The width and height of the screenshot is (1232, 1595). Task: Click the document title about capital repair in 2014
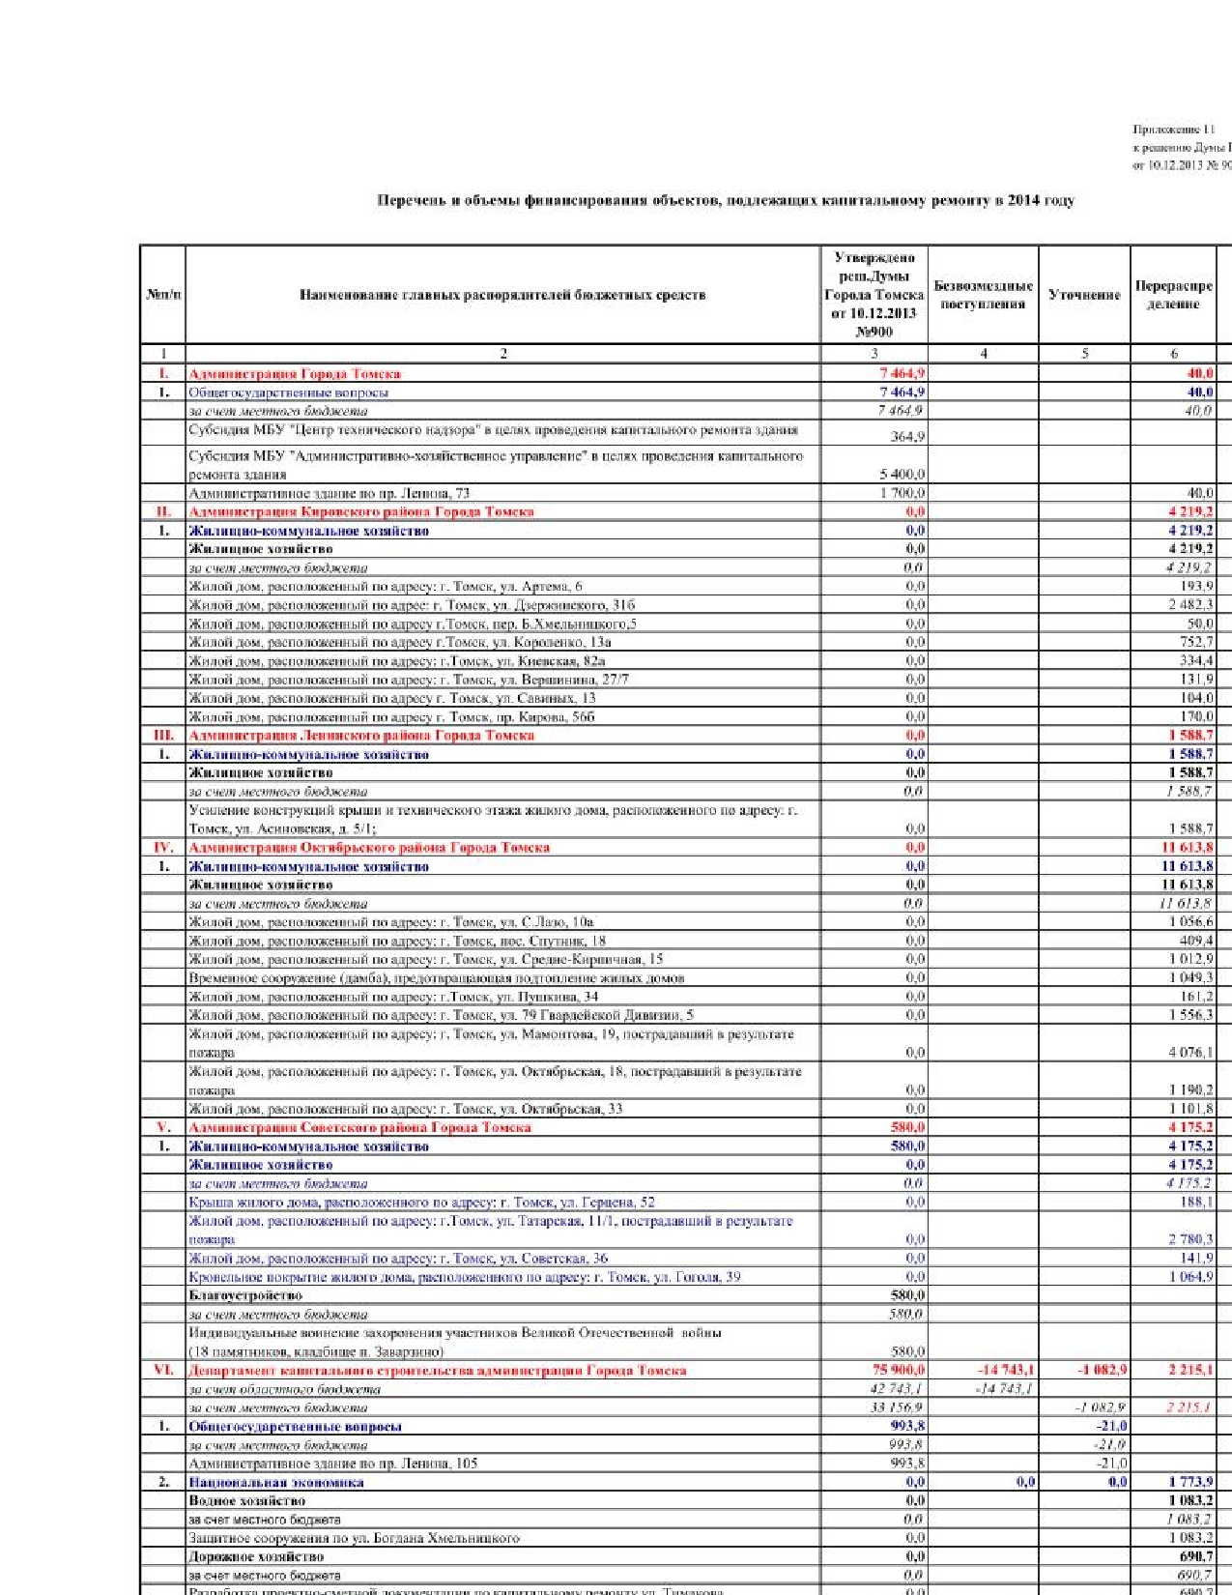pyautogui.click(x=725, y=201)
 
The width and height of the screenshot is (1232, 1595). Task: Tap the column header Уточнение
pyautogui.click(x=1084, y=295)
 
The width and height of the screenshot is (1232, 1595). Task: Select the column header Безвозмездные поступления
pyautogui.click(x=983, y=295)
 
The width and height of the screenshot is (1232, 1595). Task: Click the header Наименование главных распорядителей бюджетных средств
pyautogui.click(x=502, y=295)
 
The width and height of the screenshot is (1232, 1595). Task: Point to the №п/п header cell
pyautogui.click(x=163, y=295)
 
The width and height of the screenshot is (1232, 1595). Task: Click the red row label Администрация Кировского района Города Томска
pyautogui.click(x=360, y=511)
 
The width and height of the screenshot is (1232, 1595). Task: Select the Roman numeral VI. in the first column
pyautogui.click(x=163, y=1370)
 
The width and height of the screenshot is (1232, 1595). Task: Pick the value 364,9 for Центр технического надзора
pyautogui.click(x=907, y=437)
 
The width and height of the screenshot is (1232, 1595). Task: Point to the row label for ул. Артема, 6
pyautogui.click(x=385, y=587)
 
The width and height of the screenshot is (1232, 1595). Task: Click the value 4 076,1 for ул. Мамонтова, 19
pyautogui.click(x=1190, y=1053)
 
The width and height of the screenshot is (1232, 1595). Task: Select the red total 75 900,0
pyautogui.click(x=898, y=1370)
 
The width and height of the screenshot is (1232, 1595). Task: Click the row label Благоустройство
pyautogui.click(x=245, y=1295)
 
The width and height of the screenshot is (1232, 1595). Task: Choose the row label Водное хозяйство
pyautogui.click(x=246, y=1501)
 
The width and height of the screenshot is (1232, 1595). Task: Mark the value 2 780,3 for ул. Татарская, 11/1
pyautogui.click(x=1190, y=1239)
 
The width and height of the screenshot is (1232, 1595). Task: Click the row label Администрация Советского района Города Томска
pyautogui.click(x=359, y=1127)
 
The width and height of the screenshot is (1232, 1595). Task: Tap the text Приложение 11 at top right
pyautogui.click(x=1166, y=130)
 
